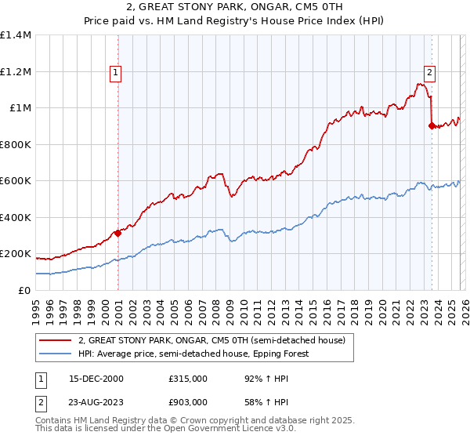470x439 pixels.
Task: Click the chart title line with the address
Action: [234, 9]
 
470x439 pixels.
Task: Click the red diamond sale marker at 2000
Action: [118, 233]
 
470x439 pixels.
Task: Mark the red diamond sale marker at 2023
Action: [432, 125]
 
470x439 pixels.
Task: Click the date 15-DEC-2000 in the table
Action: [95, 378]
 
